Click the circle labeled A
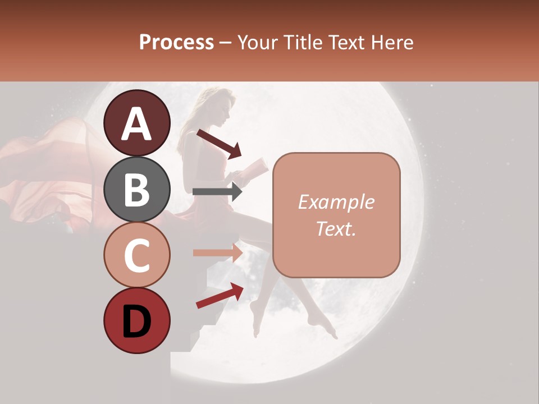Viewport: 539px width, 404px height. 137,123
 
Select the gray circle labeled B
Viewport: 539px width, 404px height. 137,189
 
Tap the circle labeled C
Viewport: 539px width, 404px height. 137,255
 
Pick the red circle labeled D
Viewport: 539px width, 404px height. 137,320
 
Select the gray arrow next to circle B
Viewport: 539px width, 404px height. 217,192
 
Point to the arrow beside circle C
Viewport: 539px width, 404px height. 217,252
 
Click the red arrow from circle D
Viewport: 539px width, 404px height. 220,296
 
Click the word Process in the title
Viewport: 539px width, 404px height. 176,42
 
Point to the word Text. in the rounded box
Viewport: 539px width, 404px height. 336,228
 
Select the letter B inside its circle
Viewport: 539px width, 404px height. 137,190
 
